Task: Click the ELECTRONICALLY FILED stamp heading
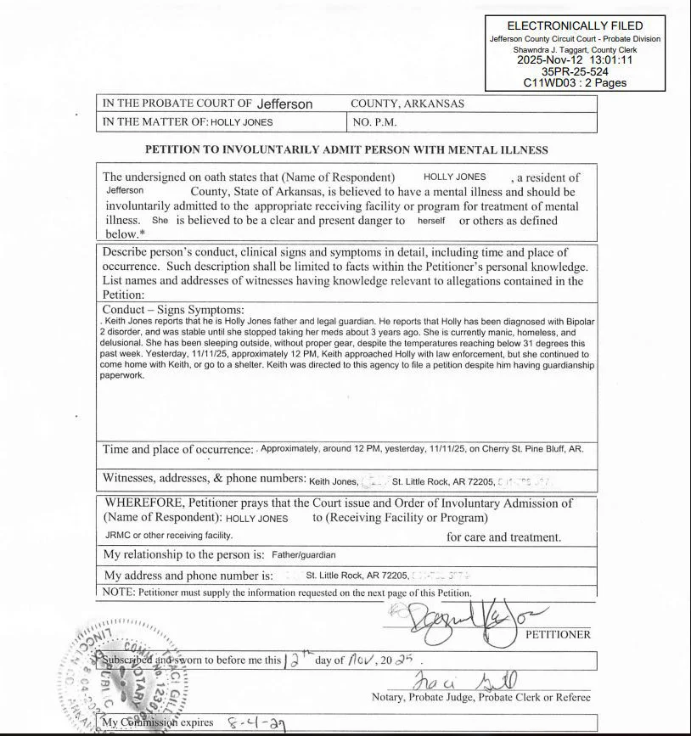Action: point(574,25)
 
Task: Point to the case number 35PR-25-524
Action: point(575,72)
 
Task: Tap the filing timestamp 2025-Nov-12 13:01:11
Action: point(575,61)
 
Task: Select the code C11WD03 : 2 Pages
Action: point(575,83)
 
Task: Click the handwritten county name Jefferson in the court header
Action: point(284,104)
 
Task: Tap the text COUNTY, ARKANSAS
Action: point(407,104)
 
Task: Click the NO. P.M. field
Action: point(374,122)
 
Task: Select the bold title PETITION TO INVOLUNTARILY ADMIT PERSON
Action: point(346,149)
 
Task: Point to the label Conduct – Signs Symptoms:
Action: point(173,310)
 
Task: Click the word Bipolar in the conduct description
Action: point(578,322)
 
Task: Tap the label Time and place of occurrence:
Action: point(178,449)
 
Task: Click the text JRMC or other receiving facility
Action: point(169,536)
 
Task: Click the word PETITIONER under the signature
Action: point(558,634)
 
